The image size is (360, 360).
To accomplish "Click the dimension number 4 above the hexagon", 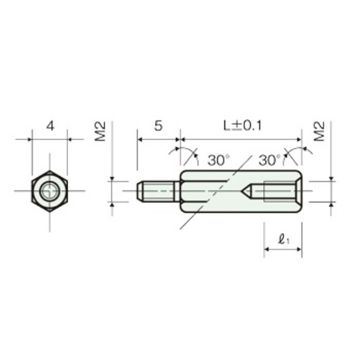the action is tap(50, 126).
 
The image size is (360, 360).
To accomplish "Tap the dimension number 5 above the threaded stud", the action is tap(158, 126).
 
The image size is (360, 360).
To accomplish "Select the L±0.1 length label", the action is tap(243, 126).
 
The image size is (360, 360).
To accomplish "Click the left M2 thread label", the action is tap(100, 131).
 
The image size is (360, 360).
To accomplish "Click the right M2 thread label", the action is tap(319, 131).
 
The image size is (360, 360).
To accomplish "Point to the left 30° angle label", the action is tap(219, 160).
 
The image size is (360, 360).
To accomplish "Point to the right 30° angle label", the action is tap(270, 160).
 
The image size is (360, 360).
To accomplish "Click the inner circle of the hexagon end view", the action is tap(50, 190).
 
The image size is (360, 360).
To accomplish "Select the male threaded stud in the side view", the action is tap(158, 191).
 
